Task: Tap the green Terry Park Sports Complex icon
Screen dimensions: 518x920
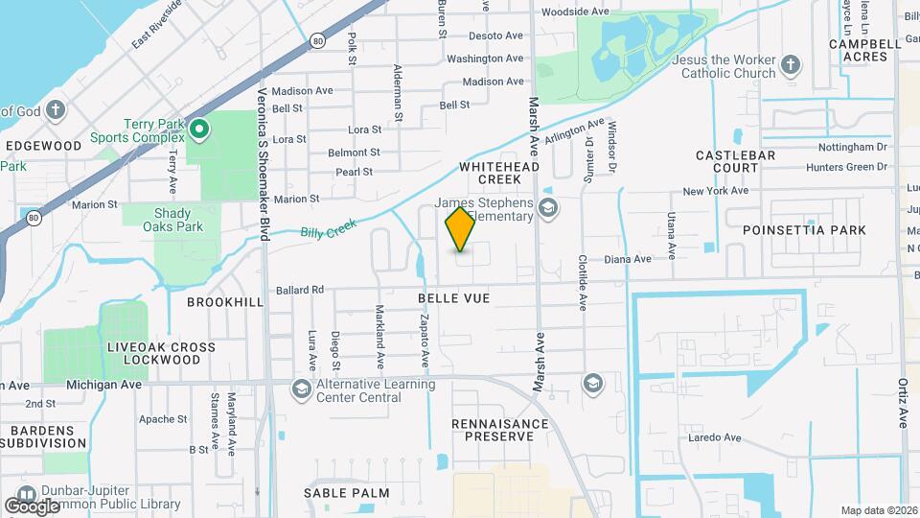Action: pyautogui.click(x=199, y=128)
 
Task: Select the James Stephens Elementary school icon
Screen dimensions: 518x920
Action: pyautogui.click(x=548, y=208)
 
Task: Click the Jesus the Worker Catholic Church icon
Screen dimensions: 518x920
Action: pyautogui.click(x=790, y=65)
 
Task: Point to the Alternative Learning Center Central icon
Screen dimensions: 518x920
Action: pyautogui.click(x=301, y=388)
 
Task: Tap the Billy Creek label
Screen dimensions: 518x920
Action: pyautogui.click(x=328, y=229)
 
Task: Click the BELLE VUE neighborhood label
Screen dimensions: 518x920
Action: pyautogui.click(x=454, y=299)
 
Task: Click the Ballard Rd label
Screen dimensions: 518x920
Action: pyautogui.click(x=300, y=289)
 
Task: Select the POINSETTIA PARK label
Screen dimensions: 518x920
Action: pyautogui.click(x=804, y=230)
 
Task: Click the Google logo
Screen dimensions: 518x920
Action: pyautogui.click(x=32, y=506)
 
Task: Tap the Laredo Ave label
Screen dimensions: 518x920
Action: pyautogui.click(x=715, y=438)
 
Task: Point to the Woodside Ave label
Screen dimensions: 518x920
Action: pyautogui.click(x=575, y=12)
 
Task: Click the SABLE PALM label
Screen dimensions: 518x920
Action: pyautogui.click(x=347, y=493)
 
